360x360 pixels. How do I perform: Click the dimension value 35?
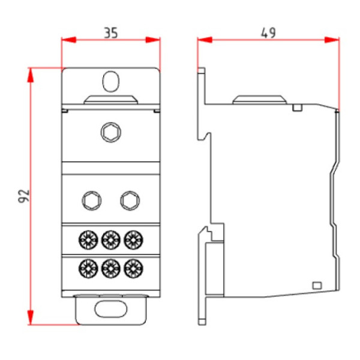(110, 33)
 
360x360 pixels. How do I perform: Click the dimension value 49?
(268, 33)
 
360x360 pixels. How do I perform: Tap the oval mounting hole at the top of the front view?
(110, 80)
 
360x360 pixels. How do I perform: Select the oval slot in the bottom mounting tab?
(110, 309)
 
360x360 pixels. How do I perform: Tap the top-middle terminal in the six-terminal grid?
(110, 240)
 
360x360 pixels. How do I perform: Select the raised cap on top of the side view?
(258, 98)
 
